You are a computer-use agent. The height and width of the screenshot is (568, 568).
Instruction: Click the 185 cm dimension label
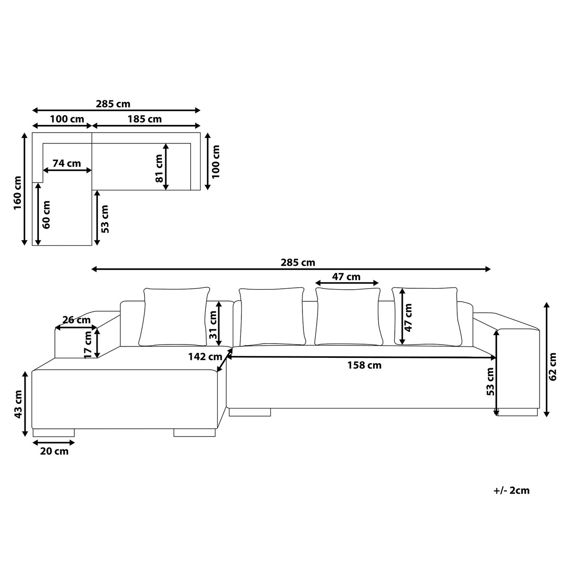click(x=144, y=119)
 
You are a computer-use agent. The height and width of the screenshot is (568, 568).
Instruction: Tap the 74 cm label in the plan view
click(x=67, y=163)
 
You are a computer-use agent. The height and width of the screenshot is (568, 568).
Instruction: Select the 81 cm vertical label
click(x=159, y=169)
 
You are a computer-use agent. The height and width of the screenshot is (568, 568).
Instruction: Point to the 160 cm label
click(x=18, y=193)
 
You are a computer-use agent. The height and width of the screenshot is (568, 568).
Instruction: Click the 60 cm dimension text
click(x=46, y=214)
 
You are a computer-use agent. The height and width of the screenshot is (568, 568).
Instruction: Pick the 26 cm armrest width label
click(x=77, y=320)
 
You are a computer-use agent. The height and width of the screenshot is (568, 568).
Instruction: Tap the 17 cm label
click(x=88, y=345)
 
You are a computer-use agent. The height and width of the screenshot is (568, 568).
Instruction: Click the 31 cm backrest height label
click(x=213, y=325)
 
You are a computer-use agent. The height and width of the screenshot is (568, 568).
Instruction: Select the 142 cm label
click(x=205, y=357)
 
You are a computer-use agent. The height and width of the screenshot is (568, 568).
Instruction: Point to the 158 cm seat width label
click(x=364, y=365)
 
